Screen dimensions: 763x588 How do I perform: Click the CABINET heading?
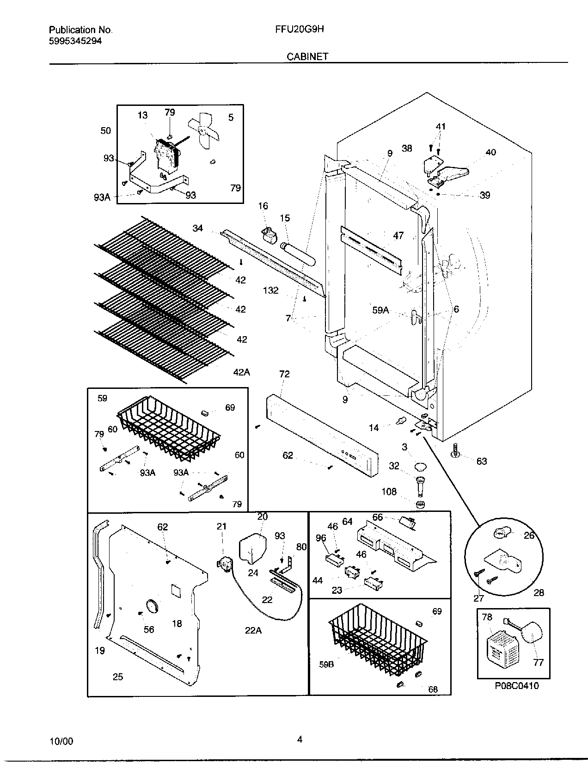[307, 56]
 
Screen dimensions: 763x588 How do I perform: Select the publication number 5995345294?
[75, 41]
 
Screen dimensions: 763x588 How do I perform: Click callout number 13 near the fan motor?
[142, 115]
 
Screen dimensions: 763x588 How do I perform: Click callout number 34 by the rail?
[198, 228]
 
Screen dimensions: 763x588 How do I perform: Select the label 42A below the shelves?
[241, 371]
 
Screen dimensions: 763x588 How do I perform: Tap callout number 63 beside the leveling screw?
[481, 461]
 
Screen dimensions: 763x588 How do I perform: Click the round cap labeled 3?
[420, 466]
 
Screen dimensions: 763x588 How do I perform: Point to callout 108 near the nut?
[389, 492]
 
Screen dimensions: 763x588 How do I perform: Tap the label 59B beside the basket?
[326, 665]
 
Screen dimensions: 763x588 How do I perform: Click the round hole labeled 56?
[152, 606]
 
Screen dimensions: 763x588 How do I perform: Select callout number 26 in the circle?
[529, 535]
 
